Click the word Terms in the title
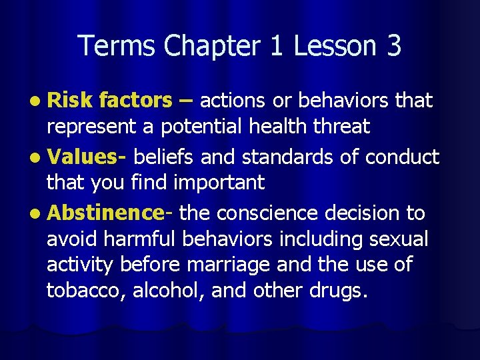click(x=117, y=46)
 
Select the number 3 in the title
click(x=393, y=46)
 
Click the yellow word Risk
click(x=69, y=101)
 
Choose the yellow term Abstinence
click(x=106, y=213)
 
